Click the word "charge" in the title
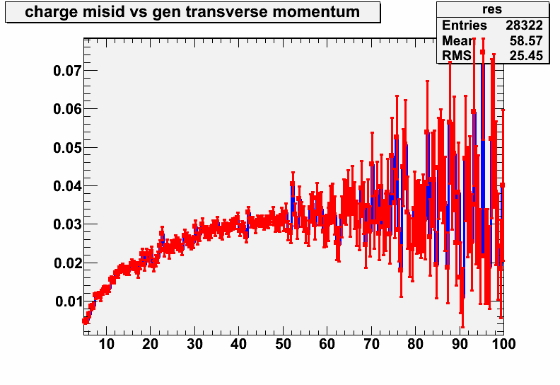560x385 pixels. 51,12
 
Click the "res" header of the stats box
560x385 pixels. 492,9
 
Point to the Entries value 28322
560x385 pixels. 524,25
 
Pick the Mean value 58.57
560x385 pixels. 526,41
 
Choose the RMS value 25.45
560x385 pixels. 526,56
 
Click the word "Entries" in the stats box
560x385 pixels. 465,25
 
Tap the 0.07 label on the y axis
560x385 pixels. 67,71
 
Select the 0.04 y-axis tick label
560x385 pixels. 67,186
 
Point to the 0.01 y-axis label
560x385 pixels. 68,301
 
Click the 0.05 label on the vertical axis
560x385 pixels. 67,148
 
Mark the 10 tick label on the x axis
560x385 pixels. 106,344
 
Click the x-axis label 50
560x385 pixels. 284,344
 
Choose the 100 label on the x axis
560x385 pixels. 503,344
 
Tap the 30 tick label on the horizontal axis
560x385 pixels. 194,344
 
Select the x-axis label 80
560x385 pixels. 415,344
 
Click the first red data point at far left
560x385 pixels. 85,321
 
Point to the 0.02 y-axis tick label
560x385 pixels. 67,263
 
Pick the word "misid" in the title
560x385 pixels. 103,12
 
